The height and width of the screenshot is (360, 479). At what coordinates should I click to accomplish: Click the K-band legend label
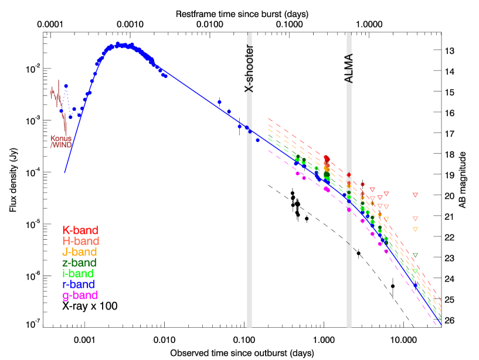80,230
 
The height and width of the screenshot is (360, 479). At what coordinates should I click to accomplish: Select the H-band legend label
80,241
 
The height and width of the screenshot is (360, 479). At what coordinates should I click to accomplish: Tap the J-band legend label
79,252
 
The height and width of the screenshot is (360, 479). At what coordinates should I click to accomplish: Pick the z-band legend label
79,263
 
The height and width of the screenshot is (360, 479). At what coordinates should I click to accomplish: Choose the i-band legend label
77,273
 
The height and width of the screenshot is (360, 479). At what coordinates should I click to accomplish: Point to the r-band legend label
78,284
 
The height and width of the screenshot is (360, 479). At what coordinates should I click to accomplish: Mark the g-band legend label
80,295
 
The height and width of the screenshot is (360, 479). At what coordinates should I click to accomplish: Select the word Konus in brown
61,139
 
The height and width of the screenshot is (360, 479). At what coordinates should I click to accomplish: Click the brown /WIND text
61,145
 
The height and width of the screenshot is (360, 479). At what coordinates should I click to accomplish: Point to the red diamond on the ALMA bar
349,175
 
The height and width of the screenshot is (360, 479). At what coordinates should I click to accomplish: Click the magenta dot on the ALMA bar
349,209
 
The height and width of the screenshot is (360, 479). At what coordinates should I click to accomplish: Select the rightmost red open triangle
415,195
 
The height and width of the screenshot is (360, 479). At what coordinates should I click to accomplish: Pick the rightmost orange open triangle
415,229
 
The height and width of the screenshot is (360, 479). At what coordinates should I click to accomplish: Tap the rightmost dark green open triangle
415,255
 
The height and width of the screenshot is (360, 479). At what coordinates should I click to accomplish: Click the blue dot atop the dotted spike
66,86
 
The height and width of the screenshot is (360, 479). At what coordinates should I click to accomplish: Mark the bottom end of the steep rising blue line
64,172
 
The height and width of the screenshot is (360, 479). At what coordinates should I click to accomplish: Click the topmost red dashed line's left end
269,118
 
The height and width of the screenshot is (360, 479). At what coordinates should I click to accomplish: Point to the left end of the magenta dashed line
269,150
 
